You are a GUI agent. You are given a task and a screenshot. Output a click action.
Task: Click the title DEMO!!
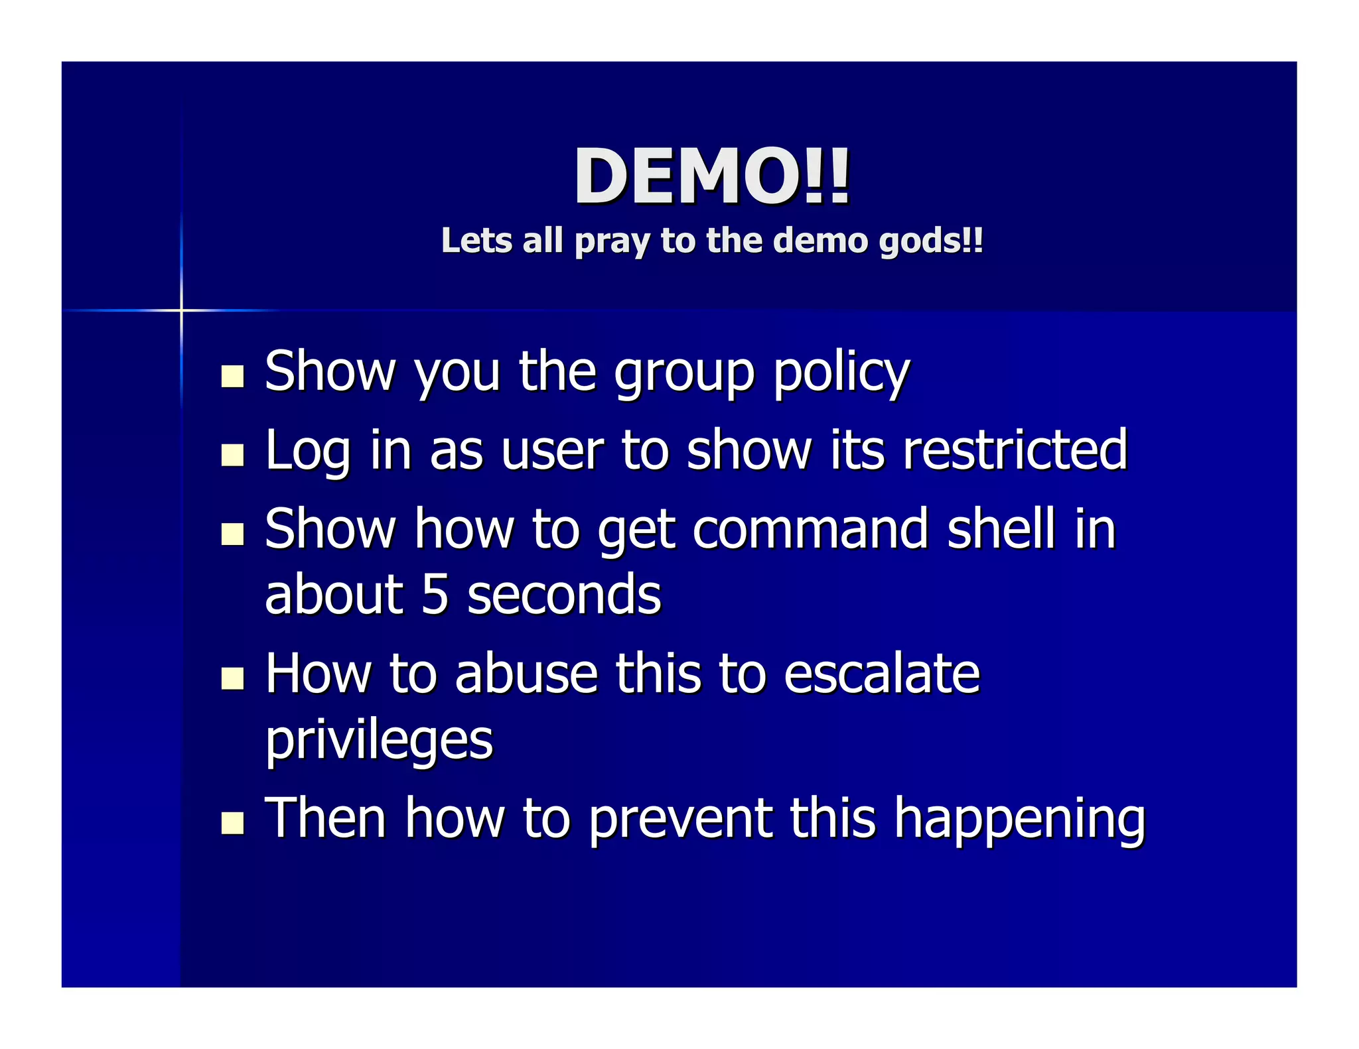pyautogui.click(x=711, y=176)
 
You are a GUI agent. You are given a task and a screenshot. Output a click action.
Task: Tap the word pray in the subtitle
pyautogui.click(x=612, y=241)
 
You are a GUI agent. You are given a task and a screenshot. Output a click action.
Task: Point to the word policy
pyautogui.click(x=841, y=373)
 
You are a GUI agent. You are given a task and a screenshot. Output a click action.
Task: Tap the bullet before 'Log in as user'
pyautogui.click(x=232, y=455)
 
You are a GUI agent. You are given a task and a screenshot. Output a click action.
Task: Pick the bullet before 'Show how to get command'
pyautogui.click(x=232, y=533)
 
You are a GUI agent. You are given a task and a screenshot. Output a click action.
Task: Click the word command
pyautogui.click(x=811, y=528)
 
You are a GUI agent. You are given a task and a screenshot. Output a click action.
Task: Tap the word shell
pyautogui.click(x=1001, y=528)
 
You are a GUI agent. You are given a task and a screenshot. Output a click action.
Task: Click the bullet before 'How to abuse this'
pyautogui.click(x=232, y=678)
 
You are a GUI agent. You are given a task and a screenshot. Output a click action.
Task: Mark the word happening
pyautogui.click(x=1019, y=820)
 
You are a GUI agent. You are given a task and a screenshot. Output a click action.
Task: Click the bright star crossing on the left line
pyautogui.click(x=181, y=310)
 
